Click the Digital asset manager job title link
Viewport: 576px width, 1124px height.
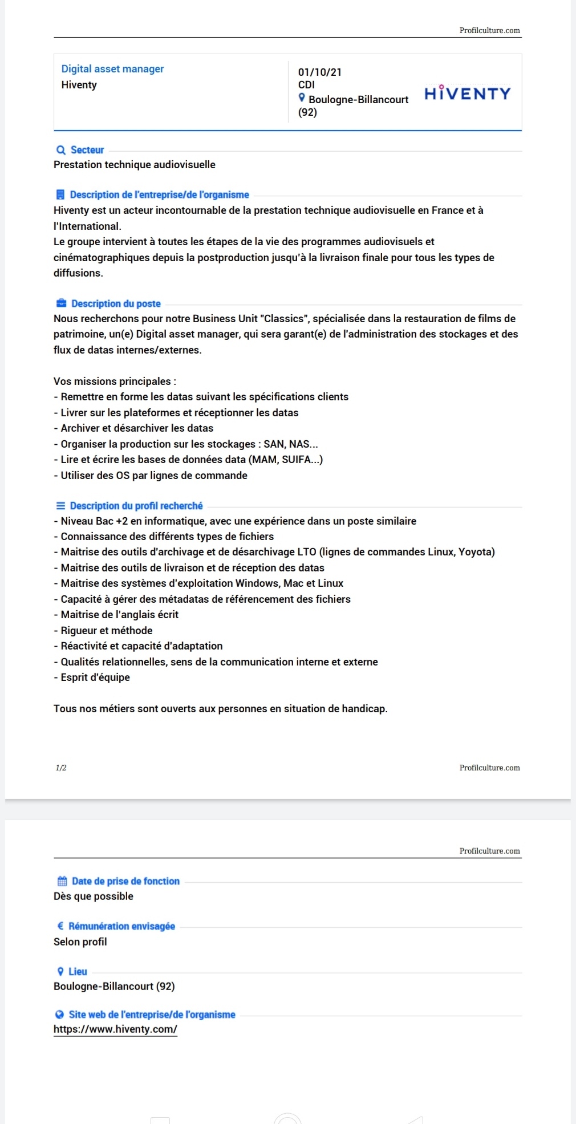coord(112,69)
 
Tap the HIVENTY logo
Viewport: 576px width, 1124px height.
coord(467,93)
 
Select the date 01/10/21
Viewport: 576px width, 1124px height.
coord(319,72)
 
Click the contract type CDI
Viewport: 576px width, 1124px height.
coord(306,85)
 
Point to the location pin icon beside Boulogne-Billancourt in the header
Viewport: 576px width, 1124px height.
coord(302,98)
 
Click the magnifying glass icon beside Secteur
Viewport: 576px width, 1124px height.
coord(61,150)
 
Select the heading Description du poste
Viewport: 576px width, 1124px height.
coord(116,303)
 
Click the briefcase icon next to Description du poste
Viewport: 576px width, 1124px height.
coord(61,303)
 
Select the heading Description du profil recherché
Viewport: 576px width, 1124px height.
coord(136,506)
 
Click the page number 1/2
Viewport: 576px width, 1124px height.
coord(61,768)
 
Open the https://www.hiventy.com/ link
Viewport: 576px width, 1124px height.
coord(115,1029)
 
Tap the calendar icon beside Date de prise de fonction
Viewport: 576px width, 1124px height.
coord(62,881)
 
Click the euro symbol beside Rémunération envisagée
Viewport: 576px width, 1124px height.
coord(60,926)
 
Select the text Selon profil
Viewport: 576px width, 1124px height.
coord(80,942)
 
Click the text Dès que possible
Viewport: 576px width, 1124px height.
coord(94,896)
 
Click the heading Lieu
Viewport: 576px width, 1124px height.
coord(78,971)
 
